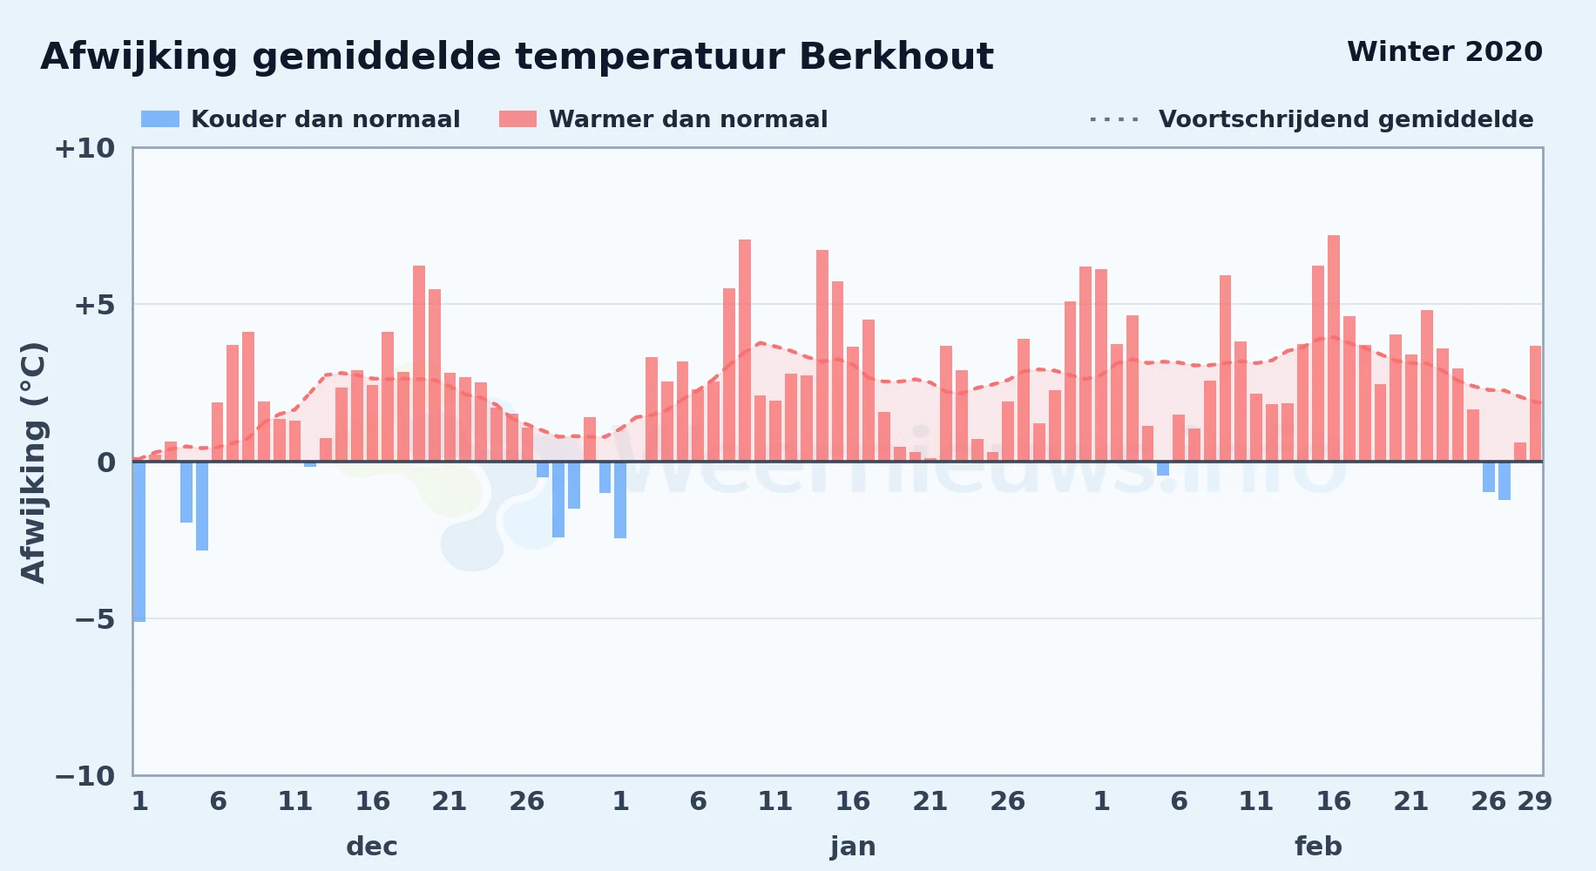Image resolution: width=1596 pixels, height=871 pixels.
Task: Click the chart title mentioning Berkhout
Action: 517,57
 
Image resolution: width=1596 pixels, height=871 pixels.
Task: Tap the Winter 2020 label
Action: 1444,51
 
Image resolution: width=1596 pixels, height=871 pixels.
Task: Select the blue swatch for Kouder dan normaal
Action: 160,119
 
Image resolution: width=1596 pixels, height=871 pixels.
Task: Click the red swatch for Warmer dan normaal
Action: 517,119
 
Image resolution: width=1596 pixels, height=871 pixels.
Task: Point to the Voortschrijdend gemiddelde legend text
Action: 1346,119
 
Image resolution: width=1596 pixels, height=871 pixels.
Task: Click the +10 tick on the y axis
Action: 85,148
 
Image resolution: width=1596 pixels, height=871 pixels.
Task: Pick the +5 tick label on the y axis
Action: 94,305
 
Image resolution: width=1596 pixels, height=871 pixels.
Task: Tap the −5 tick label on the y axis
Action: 94,619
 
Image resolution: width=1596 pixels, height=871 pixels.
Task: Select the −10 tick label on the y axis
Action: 85,776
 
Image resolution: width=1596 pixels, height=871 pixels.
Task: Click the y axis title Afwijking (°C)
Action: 33,463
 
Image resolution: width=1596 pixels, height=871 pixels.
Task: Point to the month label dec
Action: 372,847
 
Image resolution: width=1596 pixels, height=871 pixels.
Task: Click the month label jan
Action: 853,847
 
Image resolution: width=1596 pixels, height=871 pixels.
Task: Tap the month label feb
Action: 1318,847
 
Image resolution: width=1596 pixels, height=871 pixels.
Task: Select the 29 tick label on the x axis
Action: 1535,801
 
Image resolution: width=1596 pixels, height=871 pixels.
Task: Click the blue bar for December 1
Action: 139,541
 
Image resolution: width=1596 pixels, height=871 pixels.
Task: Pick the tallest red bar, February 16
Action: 1334,348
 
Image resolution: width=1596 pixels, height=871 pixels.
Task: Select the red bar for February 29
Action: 1536,403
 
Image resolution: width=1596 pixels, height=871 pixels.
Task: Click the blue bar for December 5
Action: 202,506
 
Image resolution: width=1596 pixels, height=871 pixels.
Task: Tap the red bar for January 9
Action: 745,350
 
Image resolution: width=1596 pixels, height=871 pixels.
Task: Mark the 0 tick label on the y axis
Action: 106,463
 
